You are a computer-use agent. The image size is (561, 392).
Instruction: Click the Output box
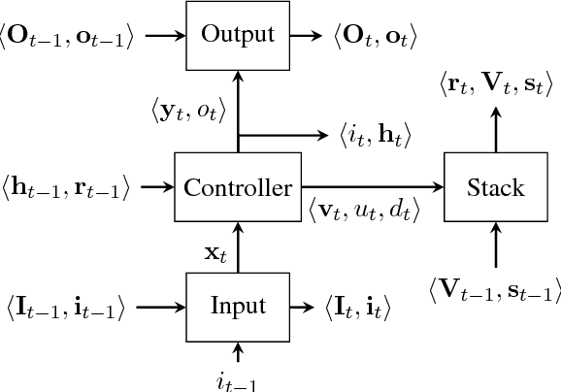237,35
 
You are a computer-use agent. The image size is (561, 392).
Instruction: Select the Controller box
237,187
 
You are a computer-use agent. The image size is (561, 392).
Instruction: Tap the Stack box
496,187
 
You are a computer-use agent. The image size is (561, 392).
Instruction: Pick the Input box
237,308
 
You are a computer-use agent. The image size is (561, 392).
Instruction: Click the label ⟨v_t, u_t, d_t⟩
364,210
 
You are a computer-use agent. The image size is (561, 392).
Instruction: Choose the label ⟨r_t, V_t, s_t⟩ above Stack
496,88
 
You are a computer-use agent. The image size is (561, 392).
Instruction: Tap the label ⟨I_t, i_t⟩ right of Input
357,309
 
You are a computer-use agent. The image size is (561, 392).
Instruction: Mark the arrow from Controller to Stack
373,186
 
